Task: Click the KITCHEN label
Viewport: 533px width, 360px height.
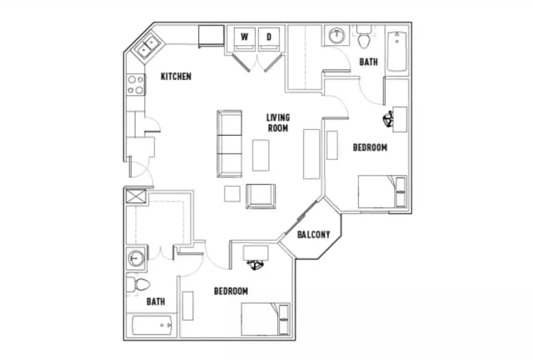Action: (x=176, y=77)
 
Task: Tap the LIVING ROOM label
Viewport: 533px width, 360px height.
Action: (x=277, y=122)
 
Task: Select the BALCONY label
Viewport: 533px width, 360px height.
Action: (x=312, y=234)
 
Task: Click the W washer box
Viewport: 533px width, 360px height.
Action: (x=244, y=37)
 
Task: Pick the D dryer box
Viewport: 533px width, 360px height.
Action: (x=269, y=37)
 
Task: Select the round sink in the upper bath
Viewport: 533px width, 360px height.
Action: (x=336, y=37)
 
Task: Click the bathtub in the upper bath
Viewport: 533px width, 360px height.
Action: (x=396, y=51)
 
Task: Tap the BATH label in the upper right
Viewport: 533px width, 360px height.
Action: (x=368, y=62)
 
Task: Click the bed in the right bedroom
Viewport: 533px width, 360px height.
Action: (x=382, y=192)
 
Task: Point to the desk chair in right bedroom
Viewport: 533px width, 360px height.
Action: (x=388, y=120)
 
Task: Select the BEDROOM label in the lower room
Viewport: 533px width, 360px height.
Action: (x=231, y=291)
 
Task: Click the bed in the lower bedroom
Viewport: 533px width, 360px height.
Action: (x=266, y=320)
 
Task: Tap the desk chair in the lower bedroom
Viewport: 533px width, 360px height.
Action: (x=256, y=265)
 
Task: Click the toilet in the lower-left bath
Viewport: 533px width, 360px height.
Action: (x=135, y=285)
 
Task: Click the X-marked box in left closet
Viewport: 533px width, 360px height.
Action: (x=134, y=197)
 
